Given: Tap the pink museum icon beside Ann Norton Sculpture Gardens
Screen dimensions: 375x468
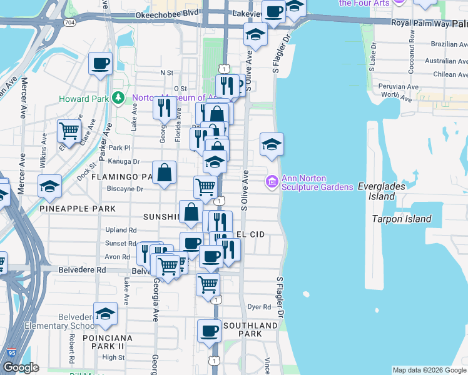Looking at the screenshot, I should [x=272, y=182].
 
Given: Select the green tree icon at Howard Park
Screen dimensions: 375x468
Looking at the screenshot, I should [x=117, y=98].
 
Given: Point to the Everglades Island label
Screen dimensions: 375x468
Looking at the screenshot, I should [x=382, y=191].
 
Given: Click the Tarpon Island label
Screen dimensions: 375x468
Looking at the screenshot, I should [x=401, y=219].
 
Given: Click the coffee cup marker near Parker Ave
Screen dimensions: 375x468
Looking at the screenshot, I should [x=100, y=63].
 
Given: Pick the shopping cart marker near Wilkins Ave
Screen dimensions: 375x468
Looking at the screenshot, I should [x=69, y=131].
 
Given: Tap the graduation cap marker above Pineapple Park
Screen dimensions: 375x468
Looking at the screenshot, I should [x=49, y=186].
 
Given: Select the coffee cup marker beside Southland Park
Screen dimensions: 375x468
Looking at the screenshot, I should [x=209, y=330].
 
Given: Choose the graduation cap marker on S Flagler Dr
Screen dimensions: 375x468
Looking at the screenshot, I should [x=272, y=144].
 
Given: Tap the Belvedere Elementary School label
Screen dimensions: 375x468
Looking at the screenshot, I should [x=61, y=321].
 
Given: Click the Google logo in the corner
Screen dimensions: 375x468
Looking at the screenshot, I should [x=21, y=367].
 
